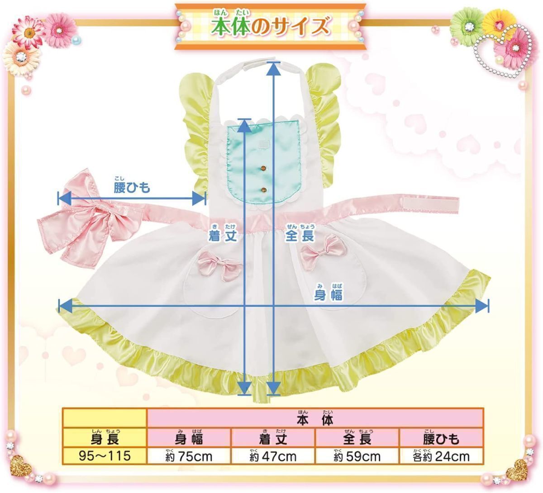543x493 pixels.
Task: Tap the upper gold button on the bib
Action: pyautogui.click(x=262, y=169)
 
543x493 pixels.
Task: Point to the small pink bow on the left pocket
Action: pyautogui.click(x=219, y=263)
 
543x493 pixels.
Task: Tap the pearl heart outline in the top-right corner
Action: pyautogui.click(x=502, y=47)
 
